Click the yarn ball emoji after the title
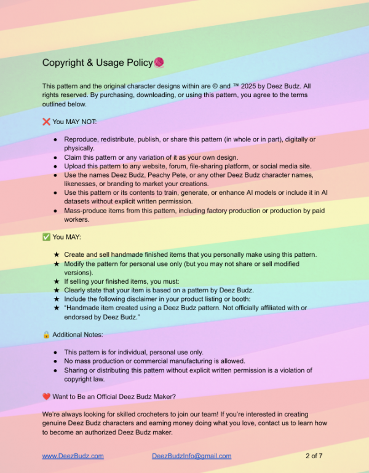click(159, 63)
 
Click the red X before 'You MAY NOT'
click(46, 122)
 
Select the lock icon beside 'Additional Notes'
click(46, 335)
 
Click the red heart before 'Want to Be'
click(46, 396)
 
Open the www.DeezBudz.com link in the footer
click(73, 456)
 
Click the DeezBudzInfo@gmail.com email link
click(191, 456)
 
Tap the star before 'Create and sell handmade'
click(56, 254)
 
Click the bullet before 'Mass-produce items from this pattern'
click(55, 211)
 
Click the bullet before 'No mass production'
click(55, 361)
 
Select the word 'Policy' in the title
click(139, 63)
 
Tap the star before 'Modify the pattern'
click(56, 264)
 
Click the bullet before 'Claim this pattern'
click(55, 157)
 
